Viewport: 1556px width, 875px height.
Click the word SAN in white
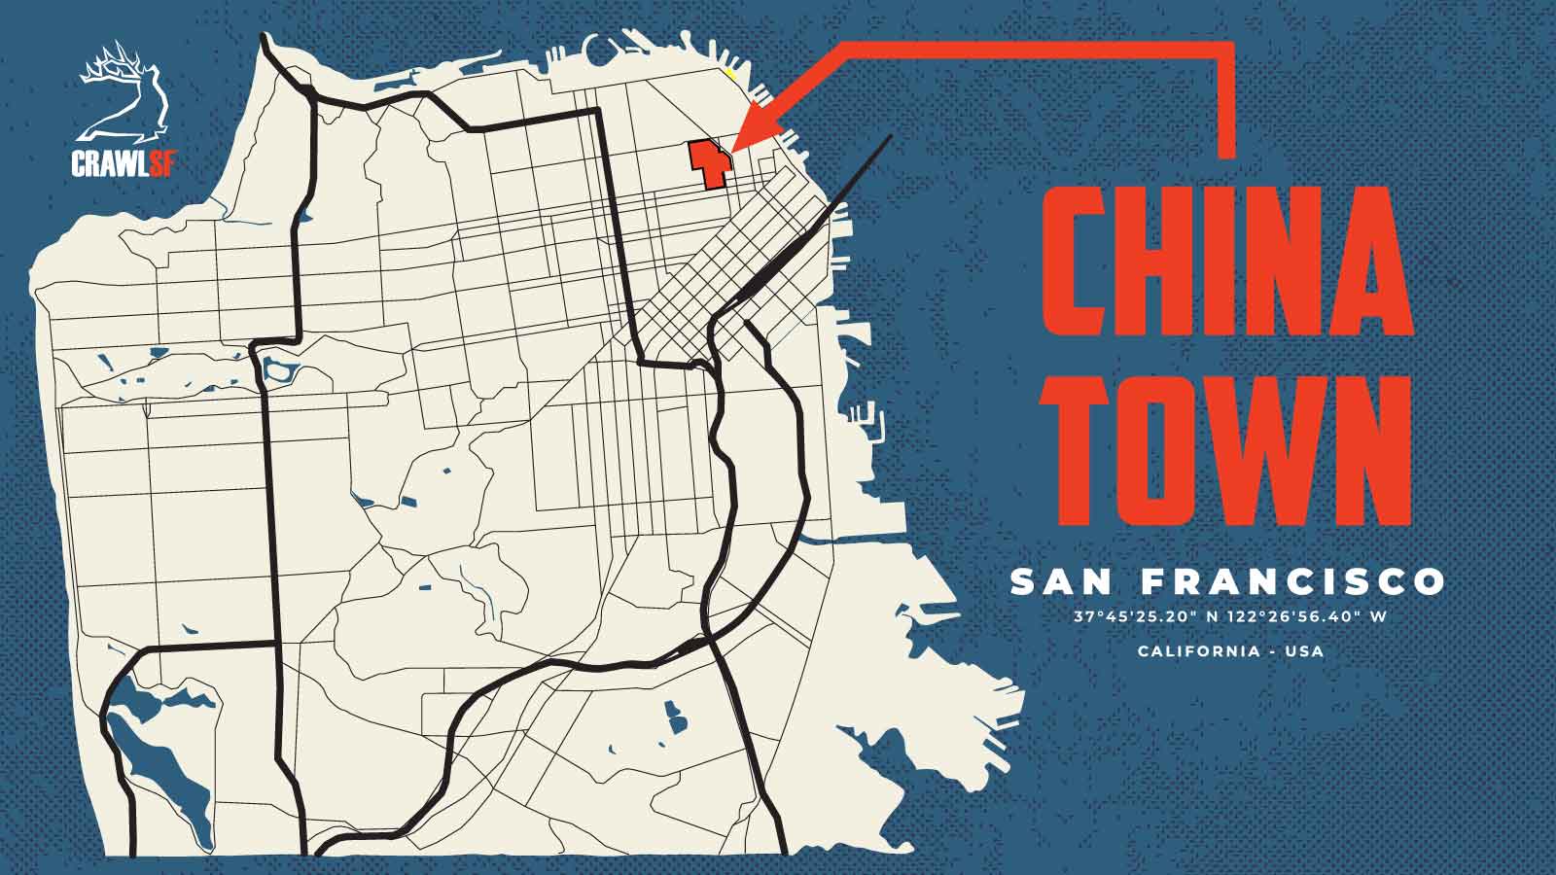pyautogui.click(x=1062, y=582)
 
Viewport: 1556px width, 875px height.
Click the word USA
pyautogui.click(x=1304, y=650)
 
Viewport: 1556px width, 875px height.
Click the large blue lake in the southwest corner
pyautogui.click(x=156, y=768)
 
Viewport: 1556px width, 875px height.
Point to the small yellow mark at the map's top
pyautogui.click(x=730, y=71)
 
